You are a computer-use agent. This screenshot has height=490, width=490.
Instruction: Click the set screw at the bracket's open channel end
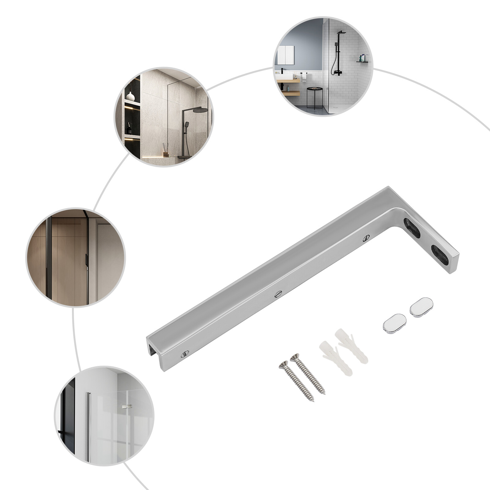click(x=184, y=354)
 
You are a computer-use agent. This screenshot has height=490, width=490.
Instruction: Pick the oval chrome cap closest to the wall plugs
click(x=394, y=323)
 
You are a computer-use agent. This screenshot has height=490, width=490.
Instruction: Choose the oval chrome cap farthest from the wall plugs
click(x=421, y=307)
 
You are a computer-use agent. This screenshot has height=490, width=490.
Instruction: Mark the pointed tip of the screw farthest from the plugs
click(x=313, y=401)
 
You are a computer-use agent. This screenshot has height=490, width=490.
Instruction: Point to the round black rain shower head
click(x=200, y=110)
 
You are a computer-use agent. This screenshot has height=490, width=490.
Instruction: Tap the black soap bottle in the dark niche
click(x=130, y=129)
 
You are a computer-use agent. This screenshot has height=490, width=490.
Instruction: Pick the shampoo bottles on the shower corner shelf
click(x=362, y=58)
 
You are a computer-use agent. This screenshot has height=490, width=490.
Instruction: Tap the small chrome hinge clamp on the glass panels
click(x=126, y=406)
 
